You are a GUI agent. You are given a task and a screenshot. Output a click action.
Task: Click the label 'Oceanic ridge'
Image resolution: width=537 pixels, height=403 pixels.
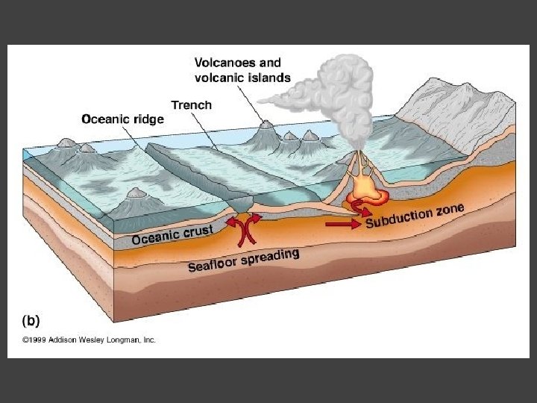122,118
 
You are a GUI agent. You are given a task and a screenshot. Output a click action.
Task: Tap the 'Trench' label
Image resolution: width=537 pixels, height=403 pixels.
192,105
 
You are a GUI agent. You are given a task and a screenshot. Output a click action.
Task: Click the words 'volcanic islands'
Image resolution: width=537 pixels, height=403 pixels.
242,78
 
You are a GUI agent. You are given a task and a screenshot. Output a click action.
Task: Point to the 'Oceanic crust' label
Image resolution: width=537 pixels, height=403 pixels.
172,234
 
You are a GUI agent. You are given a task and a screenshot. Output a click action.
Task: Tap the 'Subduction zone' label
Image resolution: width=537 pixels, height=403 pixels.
415,216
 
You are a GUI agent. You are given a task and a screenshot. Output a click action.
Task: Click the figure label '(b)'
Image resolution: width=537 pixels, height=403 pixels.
31,320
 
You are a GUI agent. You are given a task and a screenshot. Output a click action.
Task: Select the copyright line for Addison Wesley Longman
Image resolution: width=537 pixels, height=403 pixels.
88,340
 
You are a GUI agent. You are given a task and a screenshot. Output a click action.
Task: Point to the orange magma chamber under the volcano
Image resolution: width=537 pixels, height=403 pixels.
366,191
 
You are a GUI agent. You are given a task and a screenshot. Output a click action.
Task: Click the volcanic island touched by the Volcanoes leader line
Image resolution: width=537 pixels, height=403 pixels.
264,134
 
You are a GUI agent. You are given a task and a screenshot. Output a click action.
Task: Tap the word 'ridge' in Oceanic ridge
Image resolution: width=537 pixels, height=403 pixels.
150,118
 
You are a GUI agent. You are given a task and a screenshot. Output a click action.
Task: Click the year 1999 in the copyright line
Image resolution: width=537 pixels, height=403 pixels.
37,340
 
